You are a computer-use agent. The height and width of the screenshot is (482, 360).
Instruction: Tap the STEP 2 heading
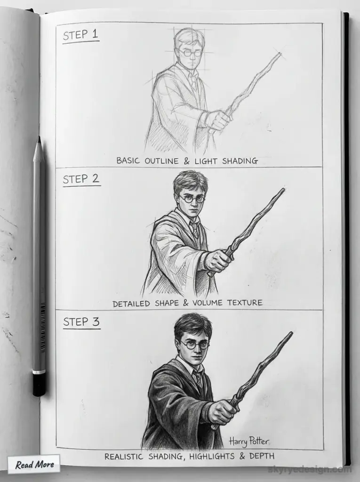[x=81, y=179]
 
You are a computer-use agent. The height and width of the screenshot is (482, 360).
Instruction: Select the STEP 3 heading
[x=81, y=322]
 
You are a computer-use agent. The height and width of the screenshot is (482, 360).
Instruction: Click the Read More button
[x=34, y=465]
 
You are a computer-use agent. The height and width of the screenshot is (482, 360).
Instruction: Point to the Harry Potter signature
[x=249, y=441]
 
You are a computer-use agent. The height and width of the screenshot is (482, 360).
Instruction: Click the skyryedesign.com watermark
[x=309, y=469]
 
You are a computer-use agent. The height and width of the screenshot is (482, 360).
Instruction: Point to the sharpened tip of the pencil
[x=39, y=140]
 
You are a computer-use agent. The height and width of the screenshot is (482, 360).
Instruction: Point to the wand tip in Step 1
[x=279, y=55]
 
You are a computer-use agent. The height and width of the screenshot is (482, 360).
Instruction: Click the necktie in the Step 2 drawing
[x=194, y=230]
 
